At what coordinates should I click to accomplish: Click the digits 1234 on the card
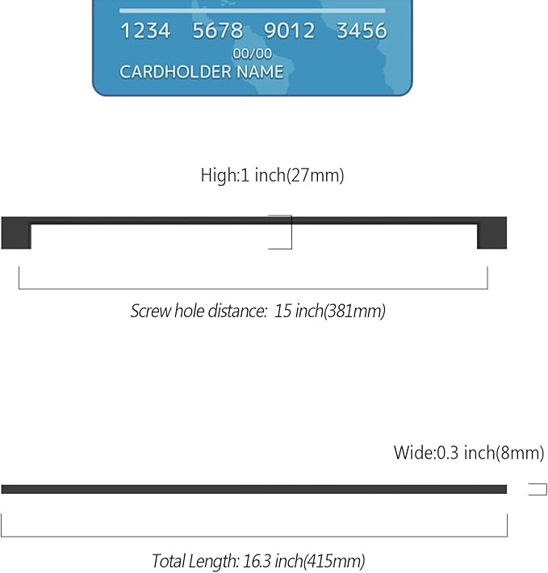145,31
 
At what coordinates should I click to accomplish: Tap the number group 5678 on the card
218,31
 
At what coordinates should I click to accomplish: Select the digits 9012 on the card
290,31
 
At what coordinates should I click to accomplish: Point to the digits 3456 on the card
362,31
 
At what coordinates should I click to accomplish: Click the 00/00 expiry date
253,54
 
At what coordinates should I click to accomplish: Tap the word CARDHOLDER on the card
176,72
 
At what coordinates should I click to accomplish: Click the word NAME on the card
260,72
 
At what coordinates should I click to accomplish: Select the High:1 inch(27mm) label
273,175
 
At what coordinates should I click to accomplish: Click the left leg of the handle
16,236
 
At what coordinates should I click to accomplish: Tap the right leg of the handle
492,236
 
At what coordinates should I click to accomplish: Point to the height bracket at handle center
291,232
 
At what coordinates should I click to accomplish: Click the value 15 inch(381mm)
329,311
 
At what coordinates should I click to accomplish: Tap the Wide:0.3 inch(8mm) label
469,453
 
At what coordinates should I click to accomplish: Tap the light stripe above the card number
253,10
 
